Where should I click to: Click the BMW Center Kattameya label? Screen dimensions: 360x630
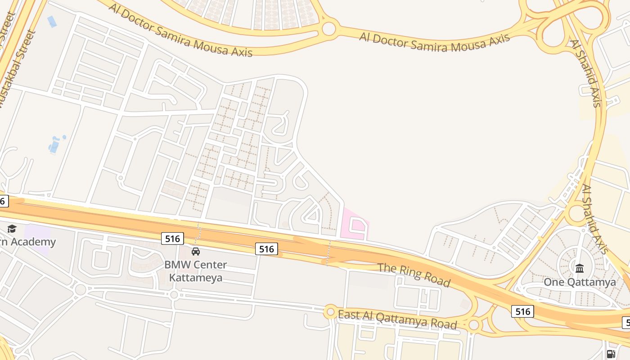point(195,271)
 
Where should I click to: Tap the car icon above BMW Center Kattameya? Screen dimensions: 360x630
point(196,251)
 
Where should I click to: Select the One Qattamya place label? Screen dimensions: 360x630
point(580,282)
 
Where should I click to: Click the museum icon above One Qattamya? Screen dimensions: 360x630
point(580,268)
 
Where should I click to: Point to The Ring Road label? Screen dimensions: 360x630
point(414,274)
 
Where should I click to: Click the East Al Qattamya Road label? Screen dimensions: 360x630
point(397,319)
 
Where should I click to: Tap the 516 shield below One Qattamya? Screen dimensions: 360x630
point(522,311)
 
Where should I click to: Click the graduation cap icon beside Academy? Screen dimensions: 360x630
point(12,229)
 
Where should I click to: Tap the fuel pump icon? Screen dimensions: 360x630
point(611,354)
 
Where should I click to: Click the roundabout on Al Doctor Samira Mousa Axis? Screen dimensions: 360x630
point(329,29)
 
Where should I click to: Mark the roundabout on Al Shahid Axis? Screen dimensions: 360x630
point(577,214)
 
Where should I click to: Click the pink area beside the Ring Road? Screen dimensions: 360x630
point(355,224)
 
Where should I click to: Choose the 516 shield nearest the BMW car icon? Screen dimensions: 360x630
point(172,238)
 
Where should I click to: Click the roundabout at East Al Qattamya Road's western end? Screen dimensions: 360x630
point(331,311)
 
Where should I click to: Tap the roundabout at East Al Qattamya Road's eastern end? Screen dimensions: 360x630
point(474,325)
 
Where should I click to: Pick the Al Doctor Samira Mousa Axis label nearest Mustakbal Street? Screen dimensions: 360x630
point(180,31)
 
